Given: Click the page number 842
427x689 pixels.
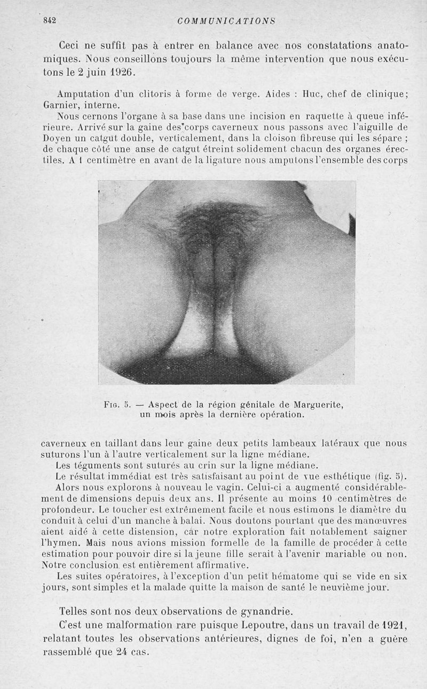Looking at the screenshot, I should pos(50,21).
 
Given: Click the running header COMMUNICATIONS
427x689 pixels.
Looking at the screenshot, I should pos(226,21).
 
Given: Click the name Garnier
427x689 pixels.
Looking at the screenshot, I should pos(60,105).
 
